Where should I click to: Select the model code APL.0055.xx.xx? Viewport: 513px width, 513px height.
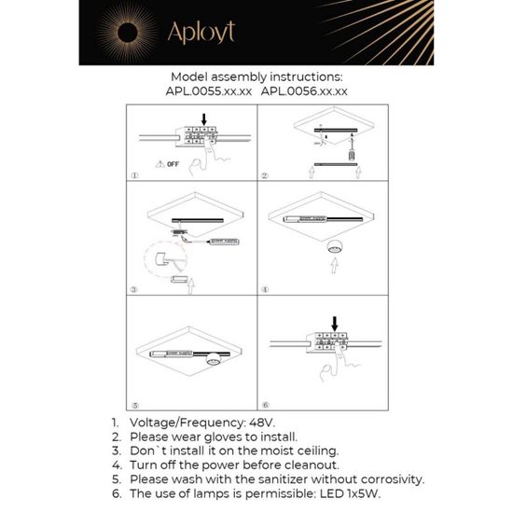208,91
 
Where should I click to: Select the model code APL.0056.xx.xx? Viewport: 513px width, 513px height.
304,91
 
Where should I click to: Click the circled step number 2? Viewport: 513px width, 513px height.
265,175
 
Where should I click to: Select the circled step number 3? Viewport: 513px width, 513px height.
134,290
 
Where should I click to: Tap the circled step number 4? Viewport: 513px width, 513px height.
265,290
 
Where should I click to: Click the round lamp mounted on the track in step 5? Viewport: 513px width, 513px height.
215,359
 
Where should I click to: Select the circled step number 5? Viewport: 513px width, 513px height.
134,406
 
